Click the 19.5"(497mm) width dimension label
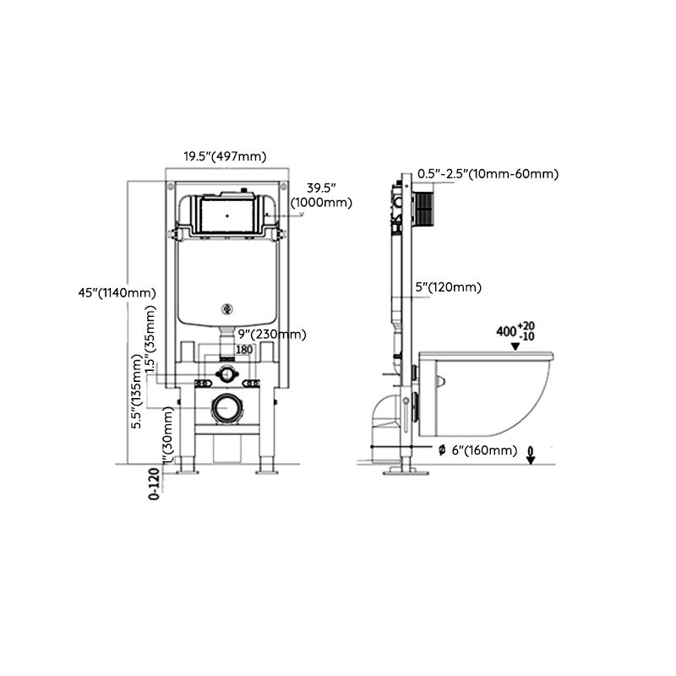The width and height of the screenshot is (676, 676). pyautogui.click(x=226, y=155)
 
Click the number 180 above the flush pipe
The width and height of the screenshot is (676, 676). pyautogui.click(x=244, y=349)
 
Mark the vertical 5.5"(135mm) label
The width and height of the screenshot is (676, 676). pyautogui.click(x=137, y=393)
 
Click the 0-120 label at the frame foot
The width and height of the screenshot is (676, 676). pyautogui.click(x=153, y=484)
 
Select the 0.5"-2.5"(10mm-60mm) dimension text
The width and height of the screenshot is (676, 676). pyautogui.click(x=488, y=174)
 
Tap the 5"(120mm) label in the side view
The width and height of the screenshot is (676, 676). pyautogui.click(x=449, y=287)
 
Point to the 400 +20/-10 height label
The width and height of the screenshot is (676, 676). pyautogui.click(x=515, y=330)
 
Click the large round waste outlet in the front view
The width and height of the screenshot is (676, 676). pyautogui.click(x=226, y=408)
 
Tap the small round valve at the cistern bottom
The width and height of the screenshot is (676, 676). pyautogui.click(x=226, y=308)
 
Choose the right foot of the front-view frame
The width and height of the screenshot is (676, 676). pyautogui.click(x=268, y=466)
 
